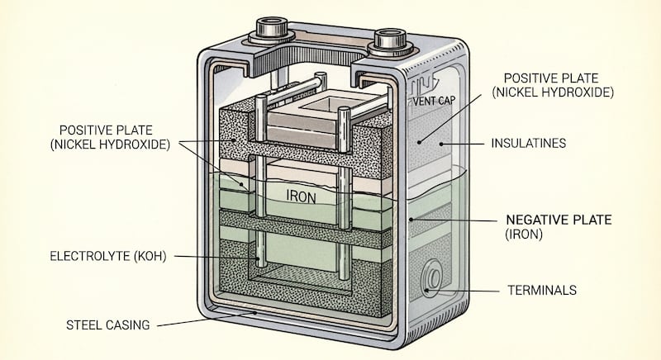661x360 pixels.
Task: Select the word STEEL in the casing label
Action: [86, 324]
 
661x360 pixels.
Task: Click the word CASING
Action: [129, 324]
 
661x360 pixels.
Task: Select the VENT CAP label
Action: [436, 102]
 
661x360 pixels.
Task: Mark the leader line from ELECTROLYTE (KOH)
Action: [215, 258]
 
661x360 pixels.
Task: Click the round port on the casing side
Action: [430, 279]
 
